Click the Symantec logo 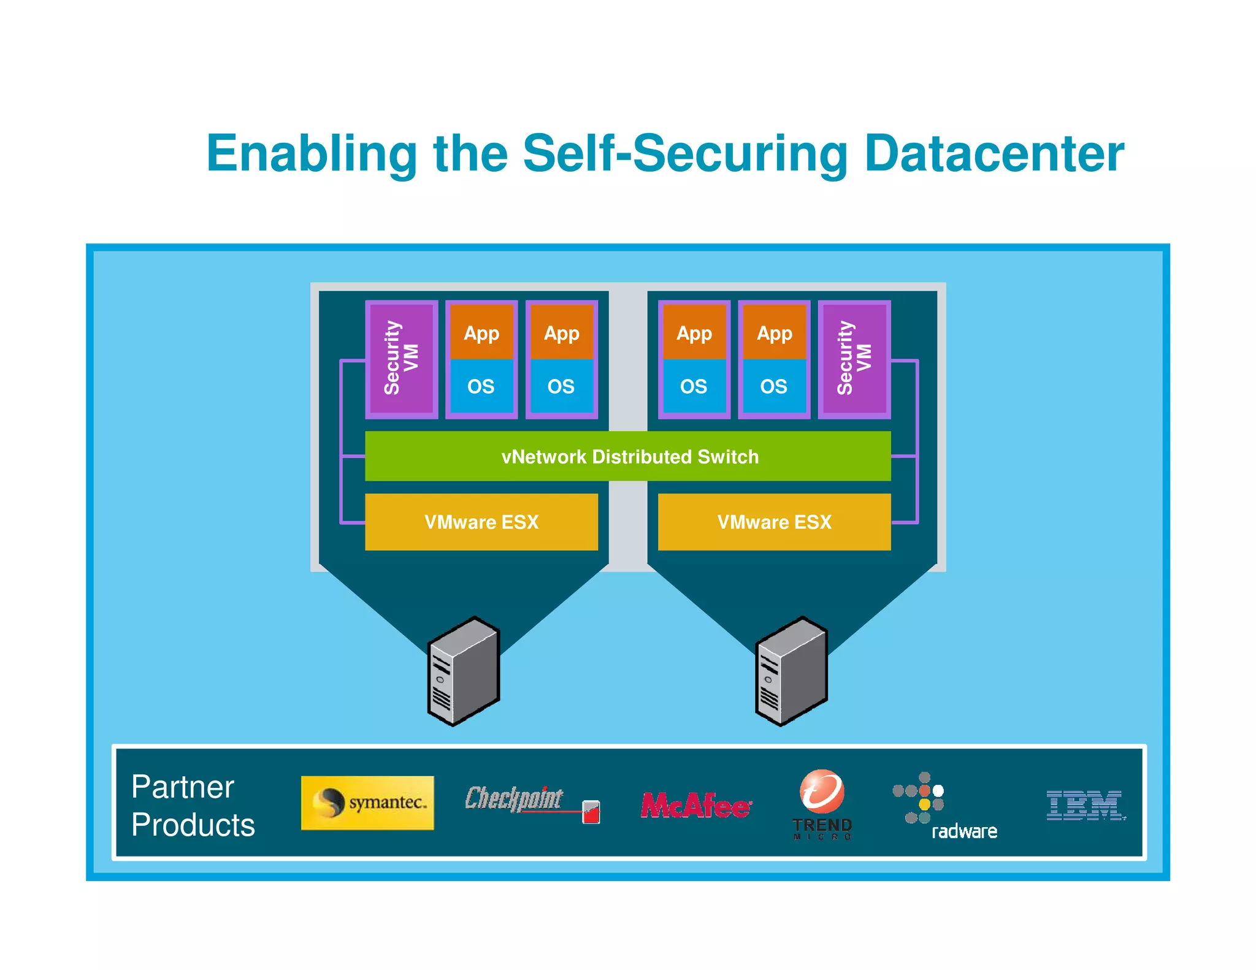pyautogui.click(x=367, y=803)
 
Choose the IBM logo pyautogui.click(x=1085, y=805)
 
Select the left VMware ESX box pyautogui.click(x=481, y=522)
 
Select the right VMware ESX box pyautogui.click(x=774, y=522)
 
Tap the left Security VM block pyautogui.click(x=401, y=359)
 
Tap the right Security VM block pyautogui.click(x=854, y=359)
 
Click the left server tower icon pyautogui.click(x=464, y=671)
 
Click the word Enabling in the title pyautogui.click(x=312, y=153)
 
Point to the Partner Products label pyautogui.click(x=192, y=806)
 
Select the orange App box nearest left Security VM pyautogui.click(x=481, y=333)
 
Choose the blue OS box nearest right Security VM pyautogui.click(x=773, y=386)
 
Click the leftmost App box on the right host pyautogui.click(x=694, y=333)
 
